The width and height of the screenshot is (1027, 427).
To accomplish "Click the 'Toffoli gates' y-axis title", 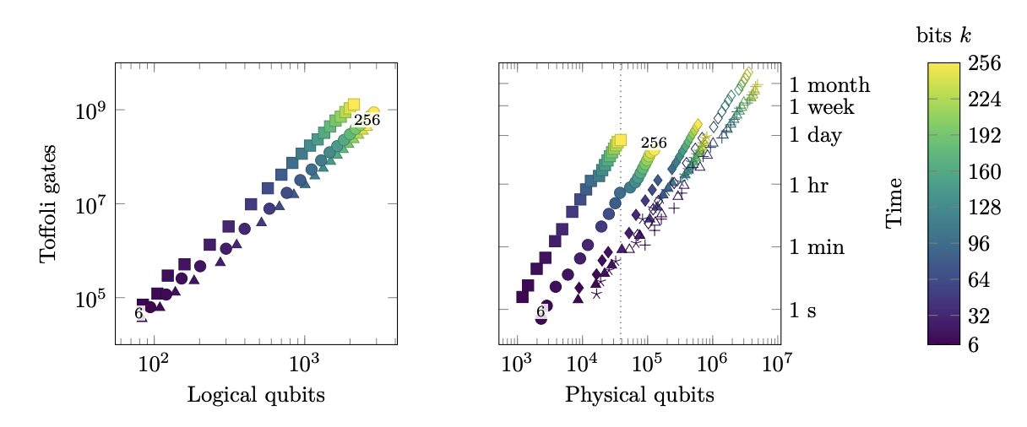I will click(48, 203).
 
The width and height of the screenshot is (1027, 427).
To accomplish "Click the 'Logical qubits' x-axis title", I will click(256, 395).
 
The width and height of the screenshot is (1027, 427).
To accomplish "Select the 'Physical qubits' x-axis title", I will click(639, 395).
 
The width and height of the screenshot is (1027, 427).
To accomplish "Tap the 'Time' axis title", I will click(894, 203).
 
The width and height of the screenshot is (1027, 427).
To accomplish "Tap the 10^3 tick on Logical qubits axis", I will click(304, 364).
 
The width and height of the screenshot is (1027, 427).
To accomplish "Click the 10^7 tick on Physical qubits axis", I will click(777, 364).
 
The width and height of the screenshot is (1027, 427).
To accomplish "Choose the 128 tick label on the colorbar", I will click(984, 208).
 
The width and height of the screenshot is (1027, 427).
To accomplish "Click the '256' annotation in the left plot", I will click(367, 121).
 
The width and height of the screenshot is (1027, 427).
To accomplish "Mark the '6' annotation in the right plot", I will click(541, 311).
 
